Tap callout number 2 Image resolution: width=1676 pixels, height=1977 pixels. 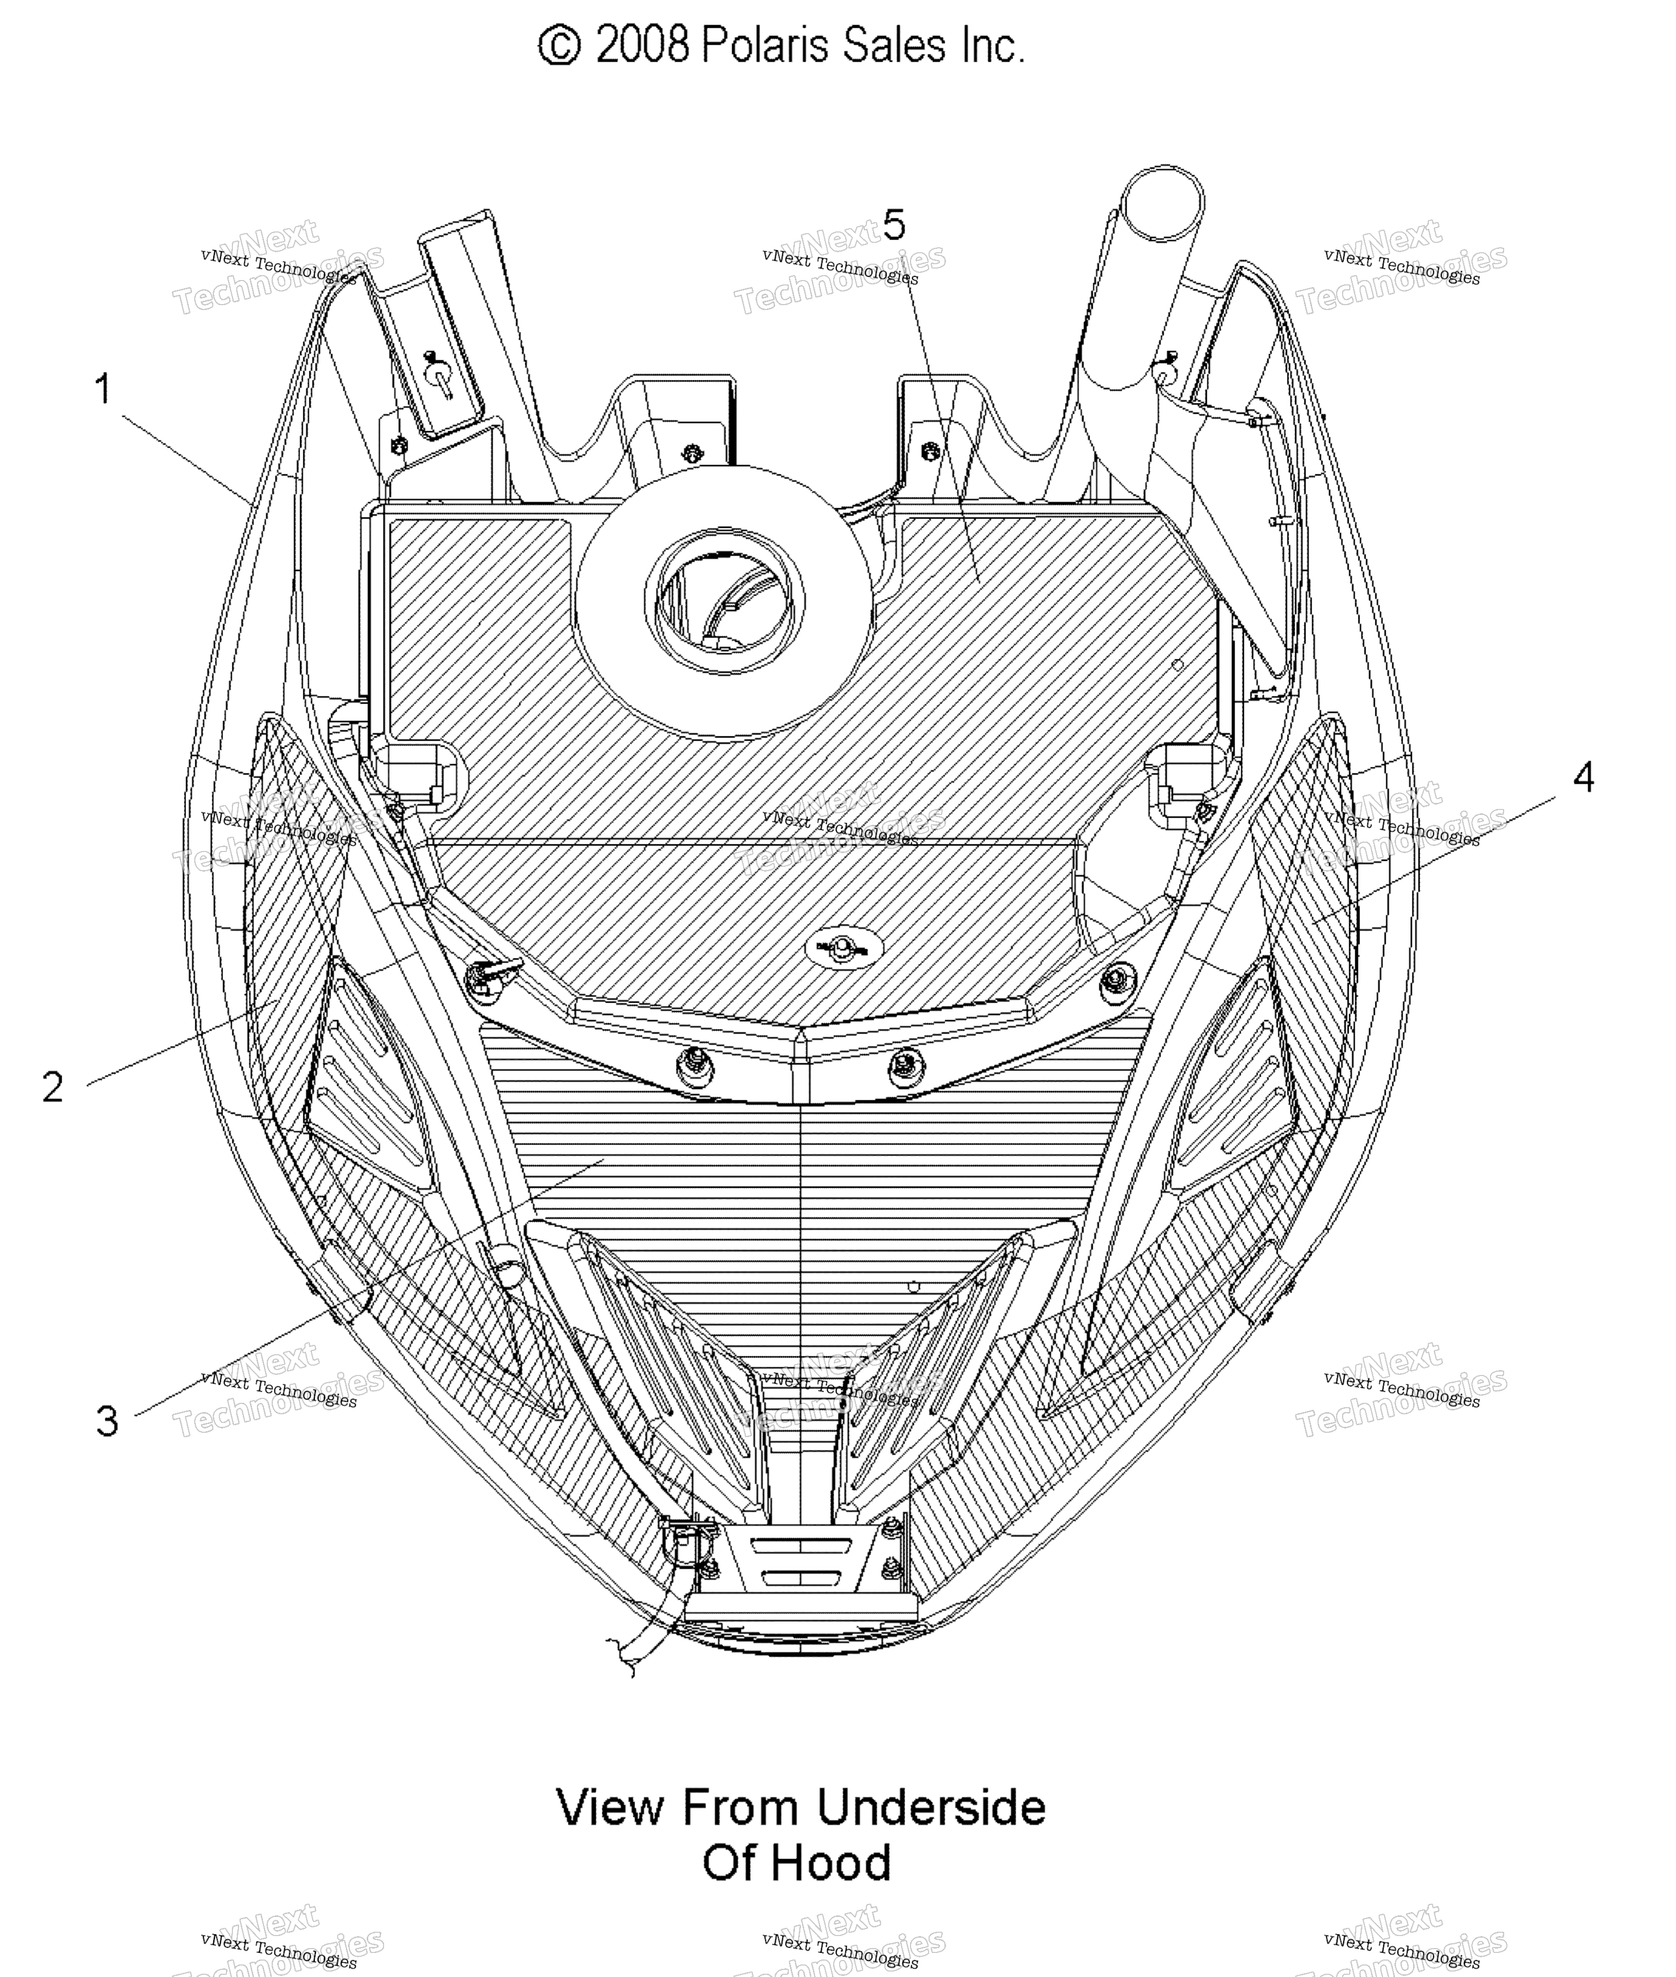pos(53,1086)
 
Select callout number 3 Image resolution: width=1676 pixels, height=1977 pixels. pos(107,1421)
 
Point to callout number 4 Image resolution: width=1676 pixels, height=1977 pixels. pos(1583,777)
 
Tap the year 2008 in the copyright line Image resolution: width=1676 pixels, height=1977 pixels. pos(642,46)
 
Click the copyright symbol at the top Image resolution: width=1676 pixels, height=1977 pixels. pos(560,46)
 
